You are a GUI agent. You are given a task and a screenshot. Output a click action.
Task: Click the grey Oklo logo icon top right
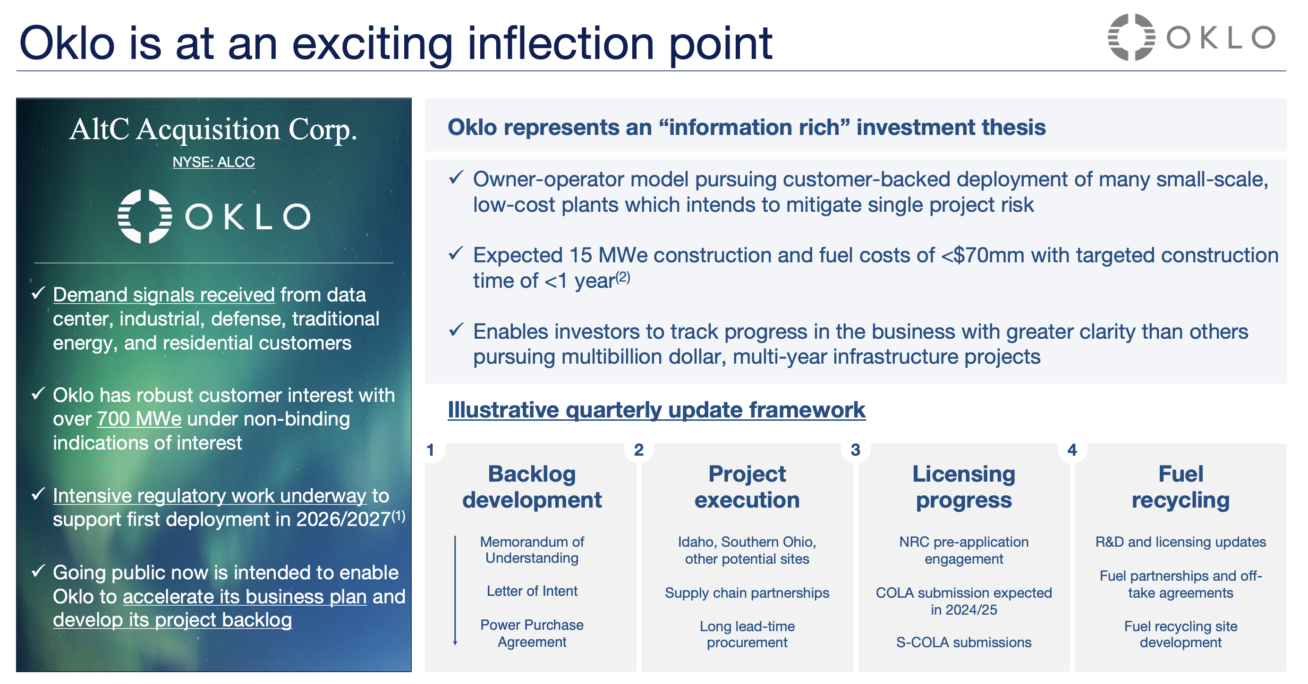point(1131,37)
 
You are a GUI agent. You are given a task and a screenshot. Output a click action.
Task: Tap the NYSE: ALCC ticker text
point(213,162)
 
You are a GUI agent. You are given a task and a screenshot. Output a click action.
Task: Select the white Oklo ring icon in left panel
point(144,216)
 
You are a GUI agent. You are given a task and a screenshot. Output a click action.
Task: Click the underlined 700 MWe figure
point(139,419)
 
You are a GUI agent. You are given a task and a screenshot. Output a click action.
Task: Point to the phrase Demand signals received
point(163,295)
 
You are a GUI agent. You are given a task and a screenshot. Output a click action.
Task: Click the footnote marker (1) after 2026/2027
point(398,516)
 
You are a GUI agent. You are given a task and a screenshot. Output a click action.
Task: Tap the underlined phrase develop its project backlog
point(172,620)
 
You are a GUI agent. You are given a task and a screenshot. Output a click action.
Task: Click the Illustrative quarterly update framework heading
point(656,410)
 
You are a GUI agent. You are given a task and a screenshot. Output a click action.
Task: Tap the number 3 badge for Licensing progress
point(856,450)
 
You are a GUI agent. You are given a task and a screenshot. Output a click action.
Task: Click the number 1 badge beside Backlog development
point(431,450)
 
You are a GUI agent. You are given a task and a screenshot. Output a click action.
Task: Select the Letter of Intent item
point(532,591)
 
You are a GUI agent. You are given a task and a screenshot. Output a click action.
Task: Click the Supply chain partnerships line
point(747,592)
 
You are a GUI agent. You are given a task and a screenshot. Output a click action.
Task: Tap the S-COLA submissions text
point(963,642)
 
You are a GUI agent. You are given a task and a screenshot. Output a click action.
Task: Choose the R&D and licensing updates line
point(1180,542)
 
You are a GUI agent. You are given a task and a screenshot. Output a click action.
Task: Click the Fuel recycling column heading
point(1180,487)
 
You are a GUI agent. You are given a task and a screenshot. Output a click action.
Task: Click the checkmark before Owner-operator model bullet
point(456,177)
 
